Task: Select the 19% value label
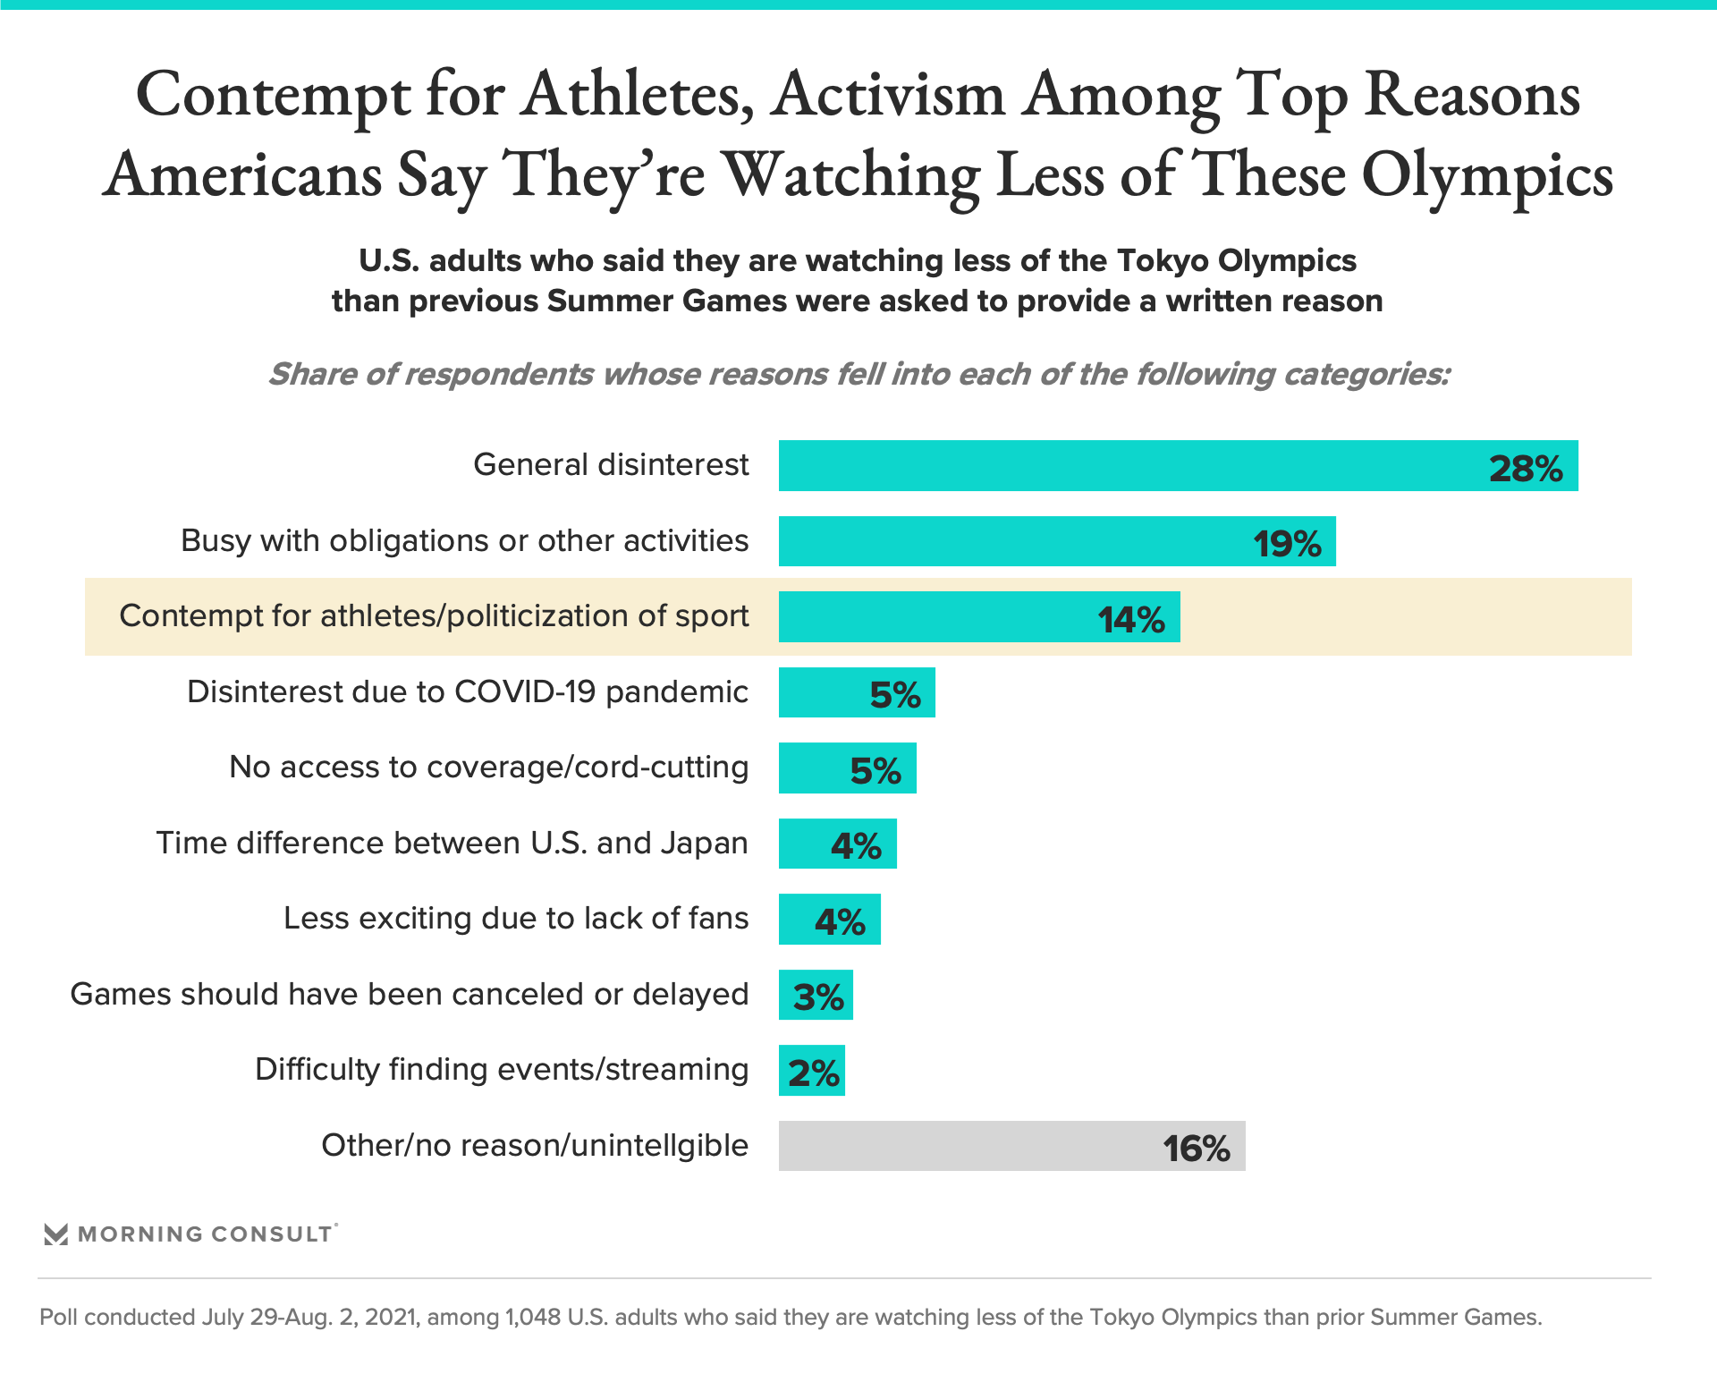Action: [x=1287, y=544]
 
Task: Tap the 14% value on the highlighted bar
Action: [x=1131, y=619]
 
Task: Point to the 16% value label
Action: [x=1197, y=1149]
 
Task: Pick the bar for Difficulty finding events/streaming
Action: [x=811, y=1071]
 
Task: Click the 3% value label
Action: [x=818, y=997]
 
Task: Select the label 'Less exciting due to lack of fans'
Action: [x=516, y=919]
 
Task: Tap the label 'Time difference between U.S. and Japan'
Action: [x=452, y=844]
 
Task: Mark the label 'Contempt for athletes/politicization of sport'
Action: [x=434, y=616]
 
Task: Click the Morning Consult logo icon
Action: [x=56, y=1234]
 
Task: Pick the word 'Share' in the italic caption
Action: [x=313, y=374]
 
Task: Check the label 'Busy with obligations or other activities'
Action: [x=464, y=541]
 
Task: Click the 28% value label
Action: [x=1526, y=469]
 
